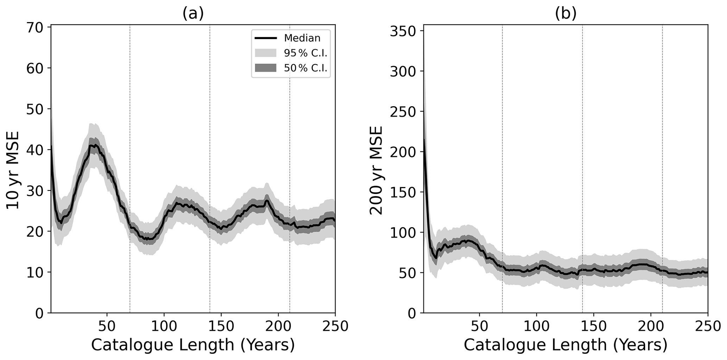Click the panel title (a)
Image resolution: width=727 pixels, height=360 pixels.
pyautogui.click(x=193, y=13)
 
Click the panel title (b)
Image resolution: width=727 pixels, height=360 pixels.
pyautogui.click(x=566, y=13)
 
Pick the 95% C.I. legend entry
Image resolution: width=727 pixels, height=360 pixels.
pyautogui.click(x=306, y=53)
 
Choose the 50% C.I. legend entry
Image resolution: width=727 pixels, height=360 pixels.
pyautogui.click(x=306, y=68)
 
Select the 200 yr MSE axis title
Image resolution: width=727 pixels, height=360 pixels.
pyautogui.click(x=376, y=170)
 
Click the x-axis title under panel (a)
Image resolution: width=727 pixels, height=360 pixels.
pyautogui.click(x=193, y=345)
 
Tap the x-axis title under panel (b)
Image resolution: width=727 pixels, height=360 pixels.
pyautogui.click(x=565, y=345)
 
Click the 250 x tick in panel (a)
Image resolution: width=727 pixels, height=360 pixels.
pyautogui.click(x=335, y=326)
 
